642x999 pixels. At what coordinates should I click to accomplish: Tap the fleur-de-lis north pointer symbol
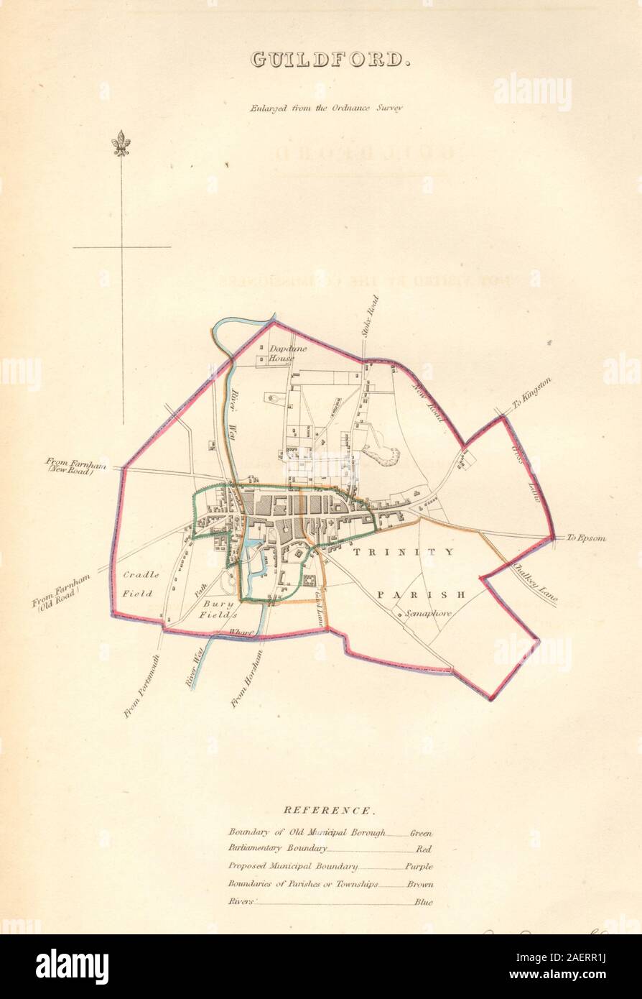[x=121, y=144]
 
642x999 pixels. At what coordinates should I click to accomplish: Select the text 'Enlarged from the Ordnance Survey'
[x=327, y=108]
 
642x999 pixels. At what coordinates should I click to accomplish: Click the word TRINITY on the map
[x=403, y=552]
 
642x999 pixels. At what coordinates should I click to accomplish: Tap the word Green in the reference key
[x=422, y=833]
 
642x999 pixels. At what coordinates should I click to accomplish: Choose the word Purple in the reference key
[x=419, y=868]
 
